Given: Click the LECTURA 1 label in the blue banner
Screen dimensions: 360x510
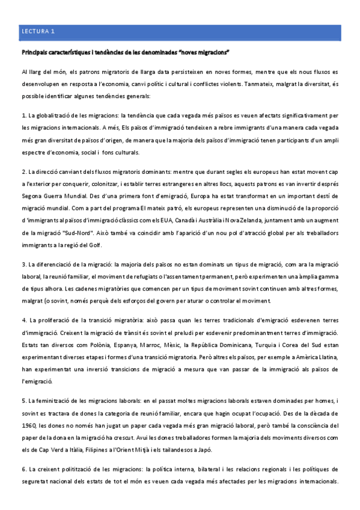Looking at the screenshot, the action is [38, 31].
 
